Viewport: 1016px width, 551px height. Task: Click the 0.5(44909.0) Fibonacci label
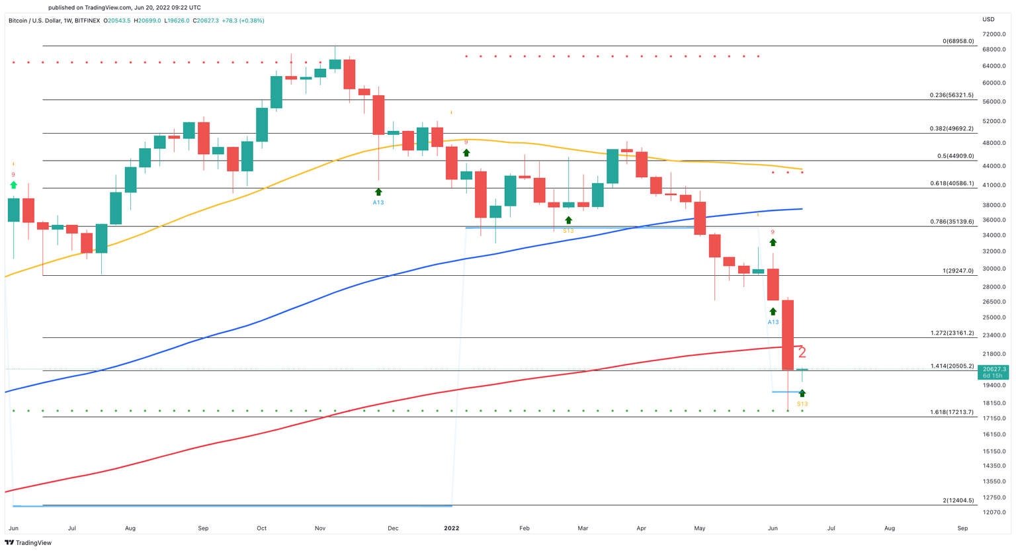point(952,155)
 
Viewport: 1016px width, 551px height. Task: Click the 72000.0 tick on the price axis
point(994,34)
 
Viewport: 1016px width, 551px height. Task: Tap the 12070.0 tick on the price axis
point(994,513)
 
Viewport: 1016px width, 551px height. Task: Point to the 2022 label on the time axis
point(452,529)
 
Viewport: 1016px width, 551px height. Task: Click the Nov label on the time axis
point(320,529)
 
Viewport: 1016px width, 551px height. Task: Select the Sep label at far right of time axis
point(962,529)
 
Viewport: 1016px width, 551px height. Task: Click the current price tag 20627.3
point(994,369)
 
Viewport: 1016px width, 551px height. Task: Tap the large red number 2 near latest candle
point(802,353)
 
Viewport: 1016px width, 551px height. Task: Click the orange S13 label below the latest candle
point(802,403)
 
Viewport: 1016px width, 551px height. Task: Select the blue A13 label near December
point(378,202)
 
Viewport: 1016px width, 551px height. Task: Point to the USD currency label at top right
point(988,19)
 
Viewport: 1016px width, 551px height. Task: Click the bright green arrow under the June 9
point(13,185)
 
